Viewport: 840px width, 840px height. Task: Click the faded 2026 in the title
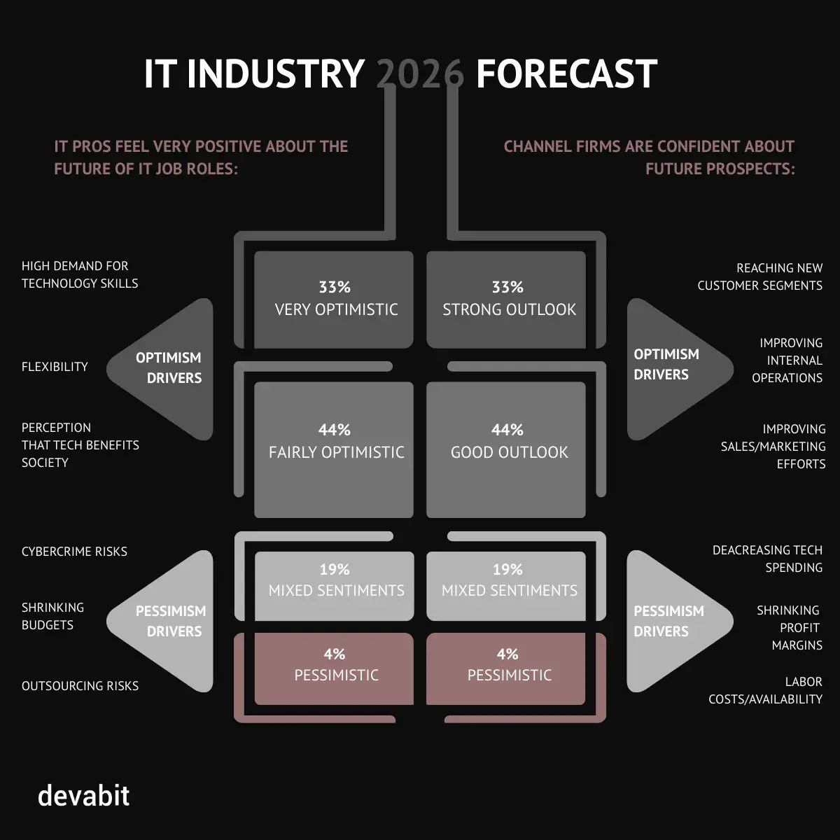(x=420, y=73)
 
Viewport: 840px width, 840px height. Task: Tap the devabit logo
(x=83, y=796)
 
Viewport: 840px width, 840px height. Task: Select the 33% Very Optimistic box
(x=334, y=300)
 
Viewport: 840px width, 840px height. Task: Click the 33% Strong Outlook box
(x=506, y=300)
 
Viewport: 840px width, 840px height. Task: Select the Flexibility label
(x=55, y=367)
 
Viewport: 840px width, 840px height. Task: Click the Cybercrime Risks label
(x=74, y=552)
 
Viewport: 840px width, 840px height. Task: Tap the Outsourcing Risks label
(x=80, y=686)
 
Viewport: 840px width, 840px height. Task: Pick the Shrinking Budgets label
(x=52, y=616)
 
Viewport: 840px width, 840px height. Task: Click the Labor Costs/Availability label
(x=766, y=690)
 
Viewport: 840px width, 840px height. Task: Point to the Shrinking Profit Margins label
(x=790, y=628)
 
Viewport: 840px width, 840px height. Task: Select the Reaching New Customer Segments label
(x=760, y=276)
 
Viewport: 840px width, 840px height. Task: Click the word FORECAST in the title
(x=566, y=73)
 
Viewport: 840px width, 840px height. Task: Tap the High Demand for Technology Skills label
(x=80, y=274)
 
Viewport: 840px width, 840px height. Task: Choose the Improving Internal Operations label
(x=787, y=360)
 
